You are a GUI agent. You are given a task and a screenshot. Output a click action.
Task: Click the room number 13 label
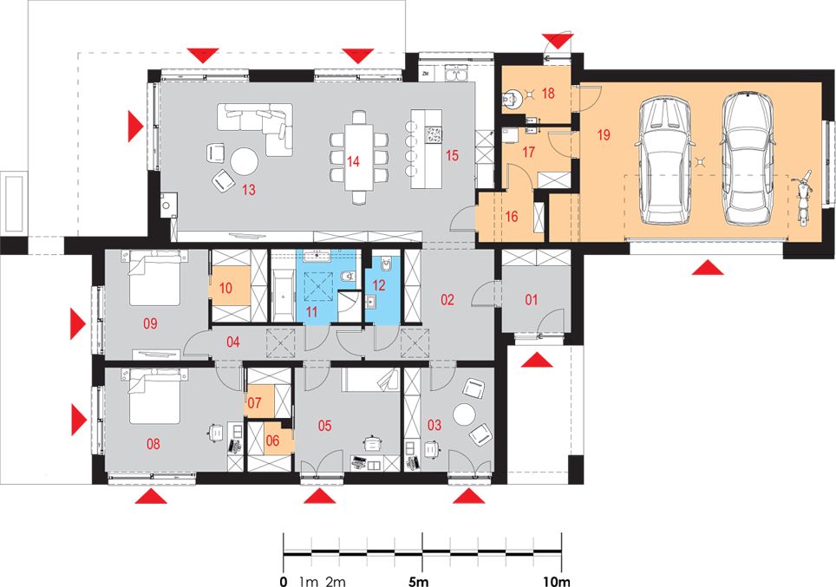click(248, 189)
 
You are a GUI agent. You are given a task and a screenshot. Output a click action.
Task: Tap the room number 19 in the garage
click(604, 135)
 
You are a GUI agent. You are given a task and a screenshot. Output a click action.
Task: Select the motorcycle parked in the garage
click(802, 199)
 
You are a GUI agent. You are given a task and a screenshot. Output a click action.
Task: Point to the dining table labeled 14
click(359, 157)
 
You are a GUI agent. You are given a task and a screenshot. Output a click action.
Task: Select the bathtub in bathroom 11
click(282, 295)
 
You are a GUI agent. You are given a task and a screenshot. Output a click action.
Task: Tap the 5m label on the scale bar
click(416, 581)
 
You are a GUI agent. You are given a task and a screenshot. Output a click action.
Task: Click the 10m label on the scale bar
click(556, 581)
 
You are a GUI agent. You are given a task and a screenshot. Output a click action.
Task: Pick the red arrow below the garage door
click(708, 267)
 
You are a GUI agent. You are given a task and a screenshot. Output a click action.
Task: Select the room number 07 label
click(254, 401)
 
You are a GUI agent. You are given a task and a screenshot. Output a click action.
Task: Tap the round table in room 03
click(464, 414)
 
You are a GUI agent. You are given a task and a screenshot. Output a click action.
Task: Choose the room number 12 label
click(379, 284)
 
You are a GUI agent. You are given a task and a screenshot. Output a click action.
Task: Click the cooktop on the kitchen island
click(434, 134)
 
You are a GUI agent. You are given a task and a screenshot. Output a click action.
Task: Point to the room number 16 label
click(512, 217)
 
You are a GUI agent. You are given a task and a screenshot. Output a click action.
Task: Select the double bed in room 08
click(154, 395)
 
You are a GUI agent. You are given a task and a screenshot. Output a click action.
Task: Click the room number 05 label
click(324, 426)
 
